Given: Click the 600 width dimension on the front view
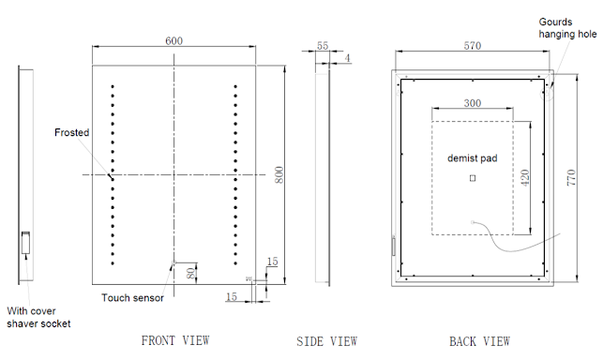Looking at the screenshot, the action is (173, 40).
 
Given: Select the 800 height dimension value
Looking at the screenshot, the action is (279, 174).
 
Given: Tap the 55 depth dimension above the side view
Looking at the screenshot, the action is (323, 46).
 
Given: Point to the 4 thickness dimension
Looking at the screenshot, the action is (348, 58).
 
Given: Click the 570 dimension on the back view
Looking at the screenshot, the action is (473, 46).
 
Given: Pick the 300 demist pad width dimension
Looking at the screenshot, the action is (473, 103).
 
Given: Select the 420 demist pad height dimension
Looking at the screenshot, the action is (525, 178).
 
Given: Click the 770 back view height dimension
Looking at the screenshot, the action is (571, 178).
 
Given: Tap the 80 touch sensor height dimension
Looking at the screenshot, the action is (190, 273).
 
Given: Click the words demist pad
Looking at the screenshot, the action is (473, 158).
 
